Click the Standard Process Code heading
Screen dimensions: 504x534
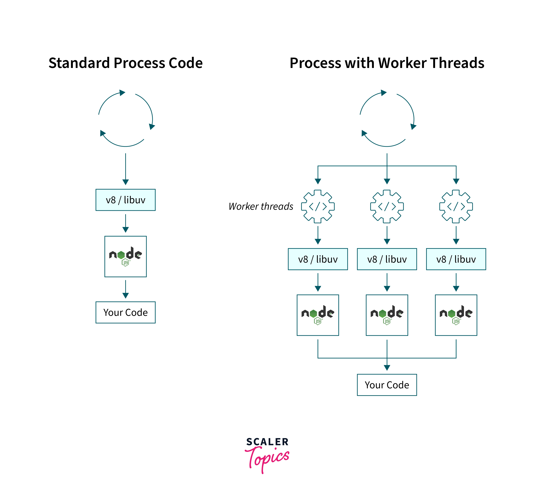click(x=125, y=63)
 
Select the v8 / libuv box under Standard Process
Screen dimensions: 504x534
click(x=125, y=200)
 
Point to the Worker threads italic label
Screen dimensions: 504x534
click(x=261, y=206)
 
